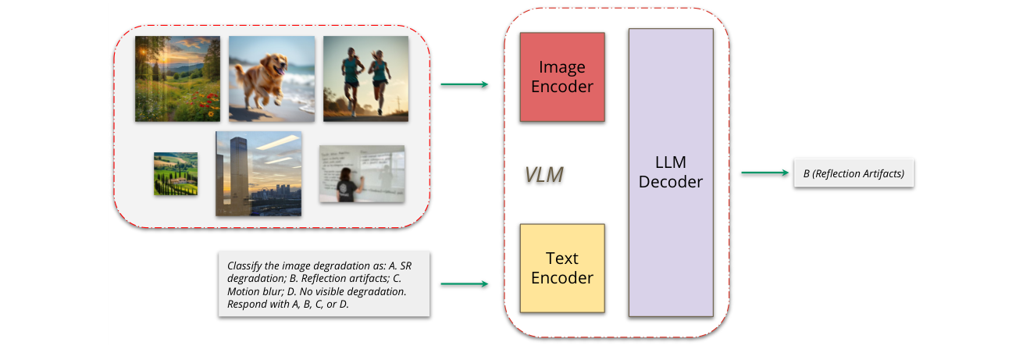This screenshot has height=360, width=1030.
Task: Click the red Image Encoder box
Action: click(x=562, y=77)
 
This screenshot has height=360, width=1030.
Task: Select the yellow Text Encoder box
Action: click(x=562, y=268)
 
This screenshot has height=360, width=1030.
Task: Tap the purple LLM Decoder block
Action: click(x=671, y=172)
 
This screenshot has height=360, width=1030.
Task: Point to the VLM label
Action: click(x=544, y=175)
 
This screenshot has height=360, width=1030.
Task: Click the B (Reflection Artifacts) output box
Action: click(x=853, y=173)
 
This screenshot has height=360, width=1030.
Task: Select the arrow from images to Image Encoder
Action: click(x=464, y=84)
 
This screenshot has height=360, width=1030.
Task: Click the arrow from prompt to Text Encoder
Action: click(x=464, y=284)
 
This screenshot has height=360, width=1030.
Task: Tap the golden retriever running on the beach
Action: click(x=271, y=78)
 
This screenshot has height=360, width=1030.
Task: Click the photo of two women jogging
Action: click(x=365, y=78)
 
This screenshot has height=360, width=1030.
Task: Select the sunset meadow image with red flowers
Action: click(x=177, y=78)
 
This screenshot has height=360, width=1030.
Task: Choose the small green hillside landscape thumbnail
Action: click(x=175, y=173)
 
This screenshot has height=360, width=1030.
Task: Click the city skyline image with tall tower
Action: click(x=258, y=173)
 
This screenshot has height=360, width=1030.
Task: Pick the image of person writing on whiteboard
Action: click(x=362, y=173)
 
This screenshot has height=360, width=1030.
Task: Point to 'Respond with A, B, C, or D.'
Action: click(x=287, y=305)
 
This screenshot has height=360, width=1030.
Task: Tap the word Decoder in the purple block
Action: click(x=671, y=182)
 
